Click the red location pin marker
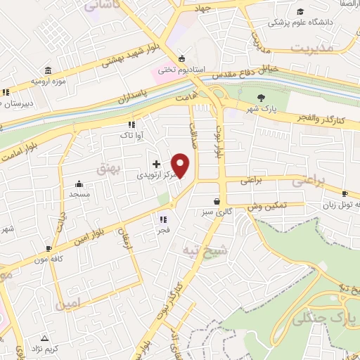(181, 165)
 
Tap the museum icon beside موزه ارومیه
(48, 71)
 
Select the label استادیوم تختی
(180, 69)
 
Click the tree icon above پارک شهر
(262, 98)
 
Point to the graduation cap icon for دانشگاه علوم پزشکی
(301, 12)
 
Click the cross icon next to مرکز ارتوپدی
(156, 164)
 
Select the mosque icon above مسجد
(75, 182)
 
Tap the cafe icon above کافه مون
(49, 248)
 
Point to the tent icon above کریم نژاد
(45, 338)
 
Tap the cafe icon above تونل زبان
(345, 194)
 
